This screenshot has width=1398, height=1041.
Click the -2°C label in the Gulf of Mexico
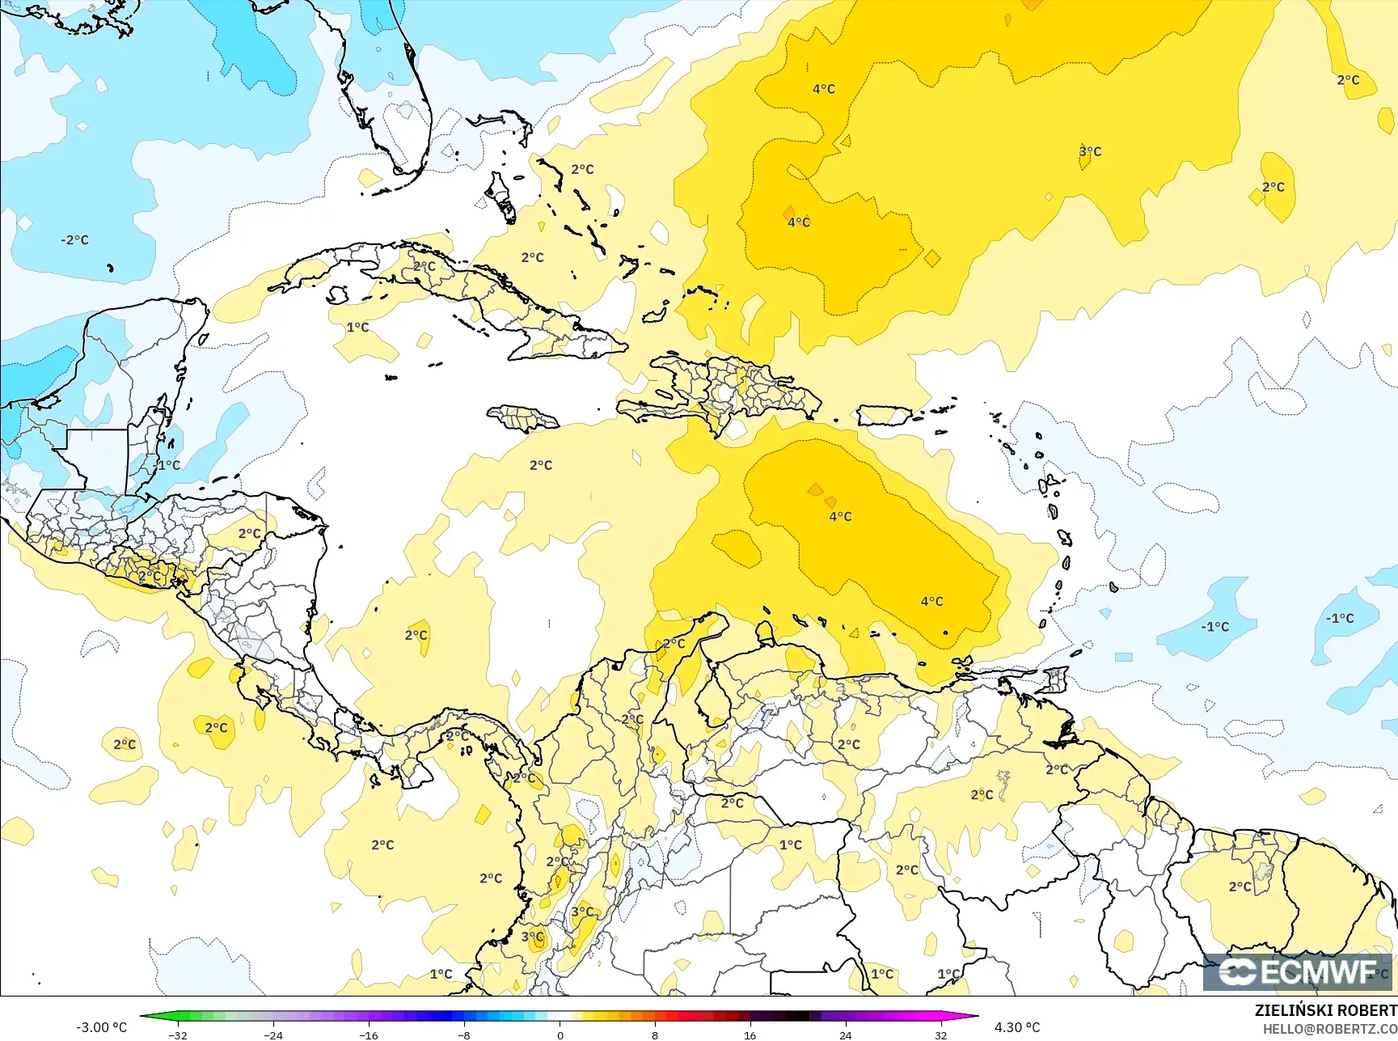click(x=74, y=240)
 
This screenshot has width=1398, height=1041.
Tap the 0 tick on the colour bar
click(x=560, y=1035)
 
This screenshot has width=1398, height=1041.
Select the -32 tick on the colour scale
click(x=178, y=1035)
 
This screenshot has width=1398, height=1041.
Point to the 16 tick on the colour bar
click(x=750, y=1035)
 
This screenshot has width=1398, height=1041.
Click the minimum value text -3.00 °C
click(x=101, y=1027)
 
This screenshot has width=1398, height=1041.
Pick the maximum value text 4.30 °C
click(x=1017, y=1027)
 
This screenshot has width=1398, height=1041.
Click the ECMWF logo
click(x=1298, y=971)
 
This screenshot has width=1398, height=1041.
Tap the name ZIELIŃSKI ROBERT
click(x=1325, y=1010)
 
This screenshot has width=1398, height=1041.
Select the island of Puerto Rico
click(x=884, y=416)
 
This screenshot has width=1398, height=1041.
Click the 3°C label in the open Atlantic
click(x=1090, y=151)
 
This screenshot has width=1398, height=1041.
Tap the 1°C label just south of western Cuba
click(x=357, y=328)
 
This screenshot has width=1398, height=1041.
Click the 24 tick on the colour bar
click(x=845, y=1035)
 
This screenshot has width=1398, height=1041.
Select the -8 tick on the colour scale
click(x=464, y=1035)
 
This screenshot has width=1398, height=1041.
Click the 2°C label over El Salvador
click(x=149, y=576)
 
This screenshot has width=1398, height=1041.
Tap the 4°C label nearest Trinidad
click(x=931, y=601)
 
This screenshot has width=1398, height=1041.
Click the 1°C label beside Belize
click(x=169, y=465)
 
